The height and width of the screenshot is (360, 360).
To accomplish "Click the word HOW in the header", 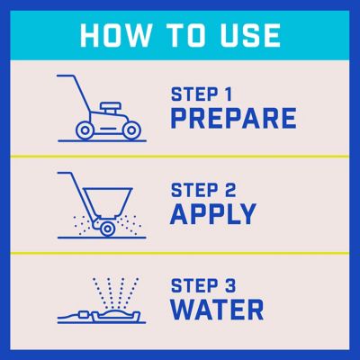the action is (x=115, y=35).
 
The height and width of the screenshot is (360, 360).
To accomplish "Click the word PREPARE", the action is (x=233, y=119).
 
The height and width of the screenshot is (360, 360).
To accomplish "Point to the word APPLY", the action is (x=213, y=214).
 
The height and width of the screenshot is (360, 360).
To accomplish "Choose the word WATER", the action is (x=217, y=309).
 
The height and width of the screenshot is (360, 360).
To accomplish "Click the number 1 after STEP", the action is (x=229, y=94).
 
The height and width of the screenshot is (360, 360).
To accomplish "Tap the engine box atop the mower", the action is (x=111, y=107).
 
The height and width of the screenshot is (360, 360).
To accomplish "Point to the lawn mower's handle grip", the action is (x=65, y=76).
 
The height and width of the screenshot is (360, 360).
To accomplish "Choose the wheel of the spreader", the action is (x=106, y=229).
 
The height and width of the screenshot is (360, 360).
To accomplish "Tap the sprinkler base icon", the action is (x=116, y=317).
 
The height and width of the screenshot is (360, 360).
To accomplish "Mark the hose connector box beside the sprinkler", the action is (x=84, y=315).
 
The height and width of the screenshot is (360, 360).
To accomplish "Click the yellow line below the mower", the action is (x=180, y=157).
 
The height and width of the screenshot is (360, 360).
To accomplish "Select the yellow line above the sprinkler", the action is (x=180, y=253).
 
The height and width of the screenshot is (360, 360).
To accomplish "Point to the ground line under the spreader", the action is (x=102, y=238).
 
